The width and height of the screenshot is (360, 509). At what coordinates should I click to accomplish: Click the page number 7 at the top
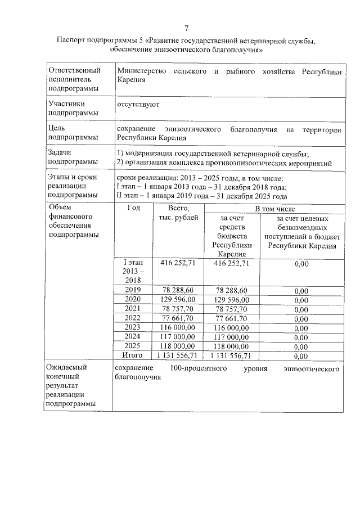click(187, 28)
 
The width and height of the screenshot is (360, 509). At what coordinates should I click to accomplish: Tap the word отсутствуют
click(138, 105)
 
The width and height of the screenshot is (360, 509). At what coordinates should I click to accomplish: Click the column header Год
click(133, 208)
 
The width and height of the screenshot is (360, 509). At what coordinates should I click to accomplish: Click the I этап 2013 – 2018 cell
click(133, 271)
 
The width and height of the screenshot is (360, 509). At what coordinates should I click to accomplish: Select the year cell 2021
click(133, 308)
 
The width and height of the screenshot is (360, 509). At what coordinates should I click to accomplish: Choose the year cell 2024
click(133, 336)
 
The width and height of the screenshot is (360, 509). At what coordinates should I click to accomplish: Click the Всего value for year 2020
click(178, 299)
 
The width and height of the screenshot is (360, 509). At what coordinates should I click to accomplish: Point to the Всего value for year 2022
click(178, 318)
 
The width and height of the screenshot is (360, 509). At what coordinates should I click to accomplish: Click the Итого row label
click(133, 355)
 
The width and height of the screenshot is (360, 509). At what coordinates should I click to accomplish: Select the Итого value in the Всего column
click(178, 355)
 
